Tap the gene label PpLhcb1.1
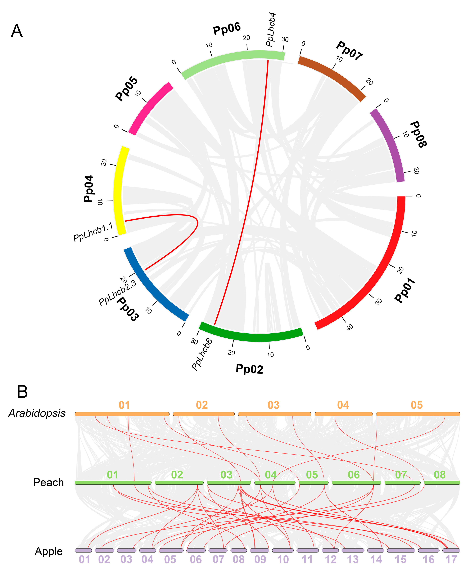pyautogui.click(x=93, y=232)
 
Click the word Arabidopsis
pyautogui.click(x=37, y=413)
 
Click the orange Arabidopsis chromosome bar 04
pyautogui.click(x=344, y=414)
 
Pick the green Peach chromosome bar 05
pyautogui.click(x=313, y=483)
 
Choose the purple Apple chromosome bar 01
pyautogui.click(x=83, y=551)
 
